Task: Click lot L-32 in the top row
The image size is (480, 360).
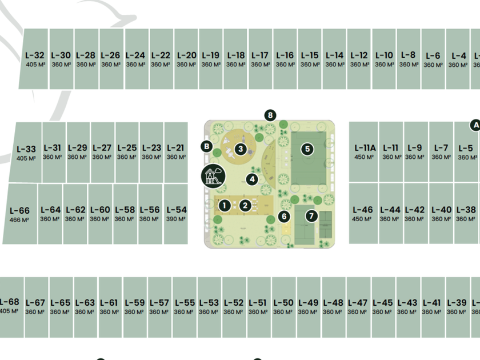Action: [x=34, y=59]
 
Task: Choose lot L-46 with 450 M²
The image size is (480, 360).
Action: [x=362, y=214]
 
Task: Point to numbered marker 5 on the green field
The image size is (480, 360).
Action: [x=307, y=149]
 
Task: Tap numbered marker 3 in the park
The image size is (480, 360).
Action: [x=241, y=149]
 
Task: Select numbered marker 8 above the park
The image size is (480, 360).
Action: [x=270, y=115]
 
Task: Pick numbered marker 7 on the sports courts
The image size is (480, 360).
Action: [x=311, y=216]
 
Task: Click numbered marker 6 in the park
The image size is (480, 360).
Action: [x=284, y=216]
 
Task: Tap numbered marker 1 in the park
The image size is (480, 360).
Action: [x=225, y=205]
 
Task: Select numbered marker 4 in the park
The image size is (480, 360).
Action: [x=252, y=179]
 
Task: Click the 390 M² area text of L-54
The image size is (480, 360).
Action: [x=176, y=219]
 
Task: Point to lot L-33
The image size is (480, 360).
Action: [x=26, y=153]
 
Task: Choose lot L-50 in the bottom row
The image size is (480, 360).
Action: [x=283, y=306]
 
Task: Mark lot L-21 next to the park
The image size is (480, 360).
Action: [x=176, y=151]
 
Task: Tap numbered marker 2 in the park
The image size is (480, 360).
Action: [x=245, y=205]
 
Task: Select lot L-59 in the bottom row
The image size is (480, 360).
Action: [x=134, y=306]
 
